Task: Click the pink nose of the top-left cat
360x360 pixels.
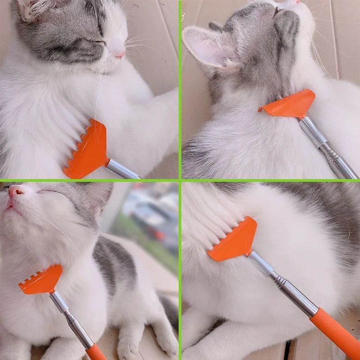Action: (120, 54)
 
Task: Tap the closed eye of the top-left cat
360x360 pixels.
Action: (97, 42)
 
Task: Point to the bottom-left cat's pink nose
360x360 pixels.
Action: (16, 191)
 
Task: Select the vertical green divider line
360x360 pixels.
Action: (180, 90)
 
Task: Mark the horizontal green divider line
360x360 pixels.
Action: (90, 180)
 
